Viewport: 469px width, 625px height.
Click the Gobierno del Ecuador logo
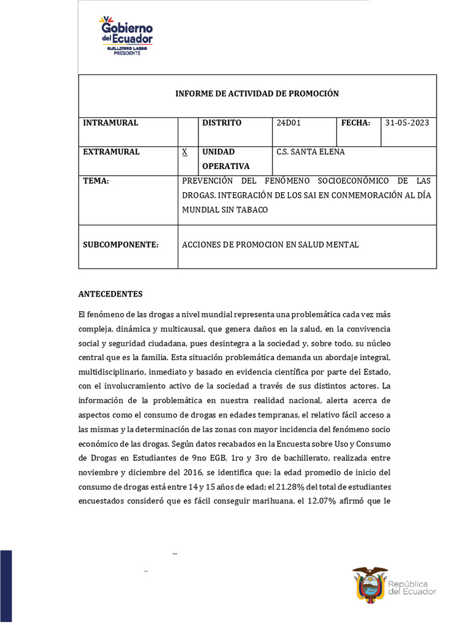point(126,36)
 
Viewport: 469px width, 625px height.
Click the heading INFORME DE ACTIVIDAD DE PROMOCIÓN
point(256,93)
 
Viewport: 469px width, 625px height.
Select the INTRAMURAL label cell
point(111,123)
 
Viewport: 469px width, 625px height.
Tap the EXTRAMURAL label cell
point(111,151)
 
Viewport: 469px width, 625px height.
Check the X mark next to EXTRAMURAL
point(184,151)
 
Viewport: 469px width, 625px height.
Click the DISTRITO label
point(222,123)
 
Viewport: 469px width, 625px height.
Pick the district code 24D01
point(289,123)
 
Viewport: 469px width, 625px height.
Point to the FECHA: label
point(355,123)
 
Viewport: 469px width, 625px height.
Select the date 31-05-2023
point(407,123)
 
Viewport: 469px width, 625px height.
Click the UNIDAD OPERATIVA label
point(226,159)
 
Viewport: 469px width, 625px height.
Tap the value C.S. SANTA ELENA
point(310,151)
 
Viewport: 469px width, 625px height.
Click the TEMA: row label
point(96,181)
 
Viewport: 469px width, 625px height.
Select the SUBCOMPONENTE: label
point(120,245)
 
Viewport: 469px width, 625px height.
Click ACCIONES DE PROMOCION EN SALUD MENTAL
point(271,245)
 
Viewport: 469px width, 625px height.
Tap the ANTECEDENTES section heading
point(111,294)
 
